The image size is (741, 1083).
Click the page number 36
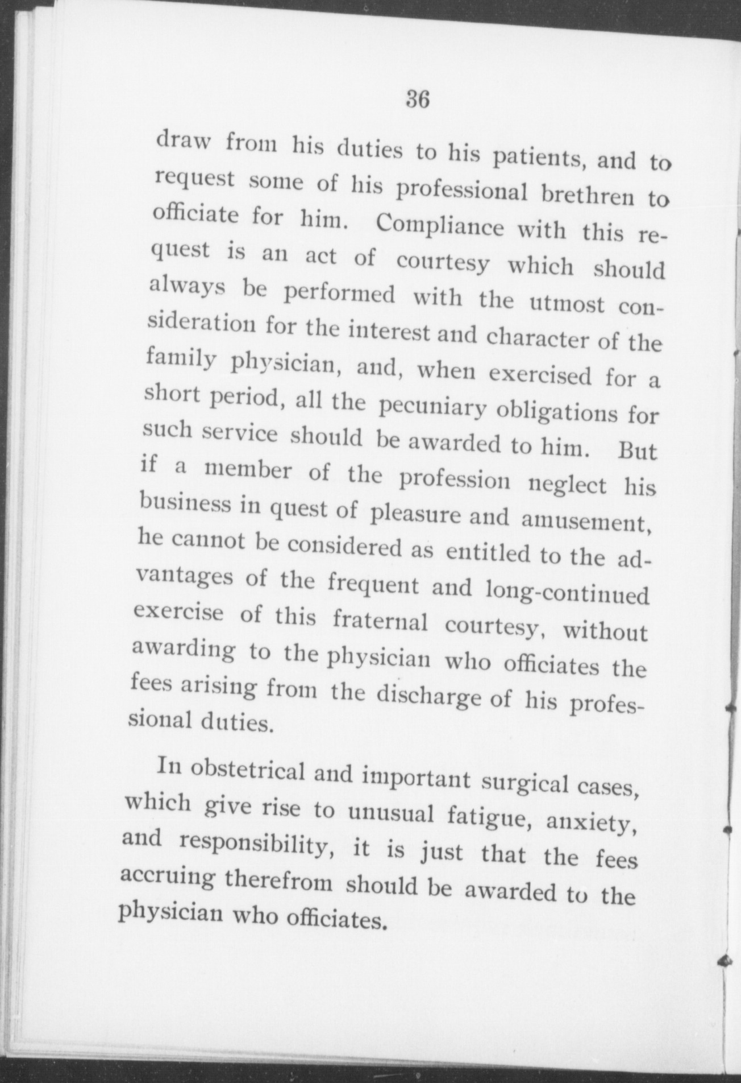click(417, 100)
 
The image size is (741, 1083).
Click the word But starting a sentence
click(637, 450)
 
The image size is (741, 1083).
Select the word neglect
click(567, 485)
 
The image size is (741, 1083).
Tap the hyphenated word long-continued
click(567, 593)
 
